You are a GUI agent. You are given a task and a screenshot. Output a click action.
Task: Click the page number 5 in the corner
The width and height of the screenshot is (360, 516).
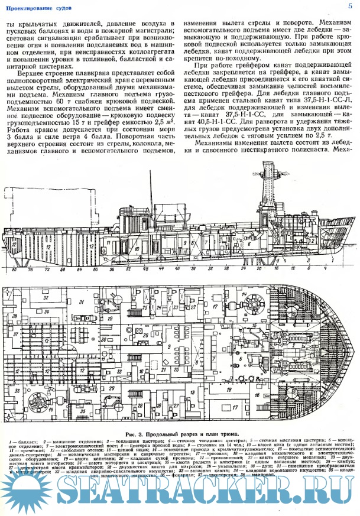(351, 5)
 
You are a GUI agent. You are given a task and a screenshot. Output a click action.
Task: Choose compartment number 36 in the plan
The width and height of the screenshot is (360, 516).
(17, 391)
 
